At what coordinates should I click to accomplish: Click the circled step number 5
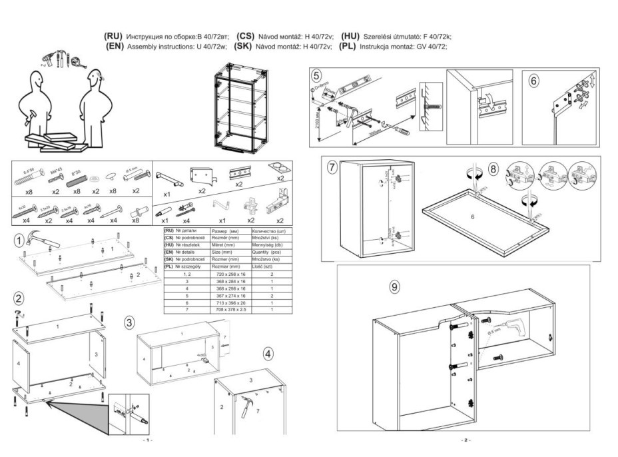point(317,75)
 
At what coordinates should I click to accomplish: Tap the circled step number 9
point(394,287)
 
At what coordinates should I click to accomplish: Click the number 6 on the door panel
point(472,217)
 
